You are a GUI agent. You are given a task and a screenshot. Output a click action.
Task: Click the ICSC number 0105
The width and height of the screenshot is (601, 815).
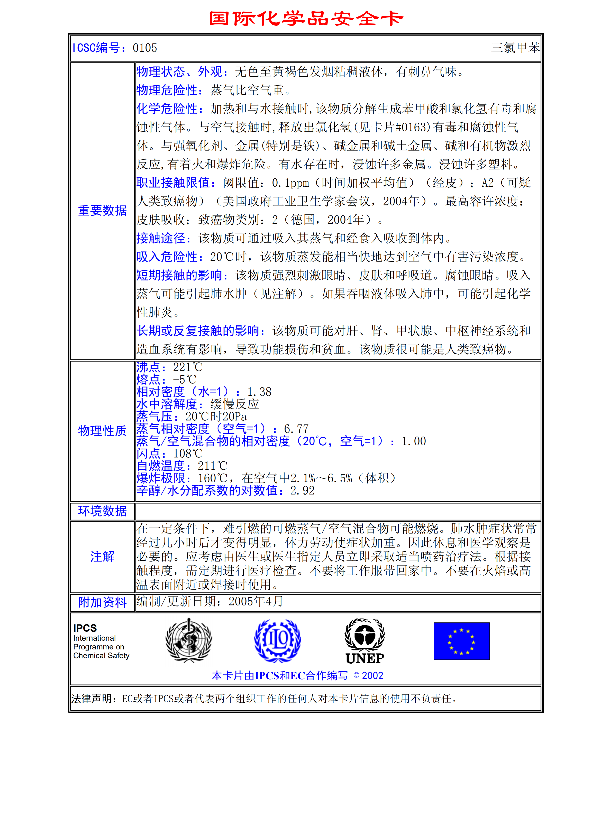(x=145, y=48)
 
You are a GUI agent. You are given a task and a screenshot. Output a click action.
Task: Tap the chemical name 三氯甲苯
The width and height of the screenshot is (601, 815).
(x=515, y=48)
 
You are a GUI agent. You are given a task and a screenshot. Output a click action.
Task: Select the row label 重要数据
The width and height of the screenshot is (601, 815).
(x=102, y=210)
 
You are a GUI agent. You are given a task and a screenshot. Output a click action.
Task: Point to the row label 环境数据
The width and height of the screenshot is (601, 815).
(x=102, y=511)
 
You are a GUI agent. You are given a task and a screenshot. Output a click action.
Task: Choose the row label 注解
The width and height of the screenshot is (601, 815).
(x=102, y=556)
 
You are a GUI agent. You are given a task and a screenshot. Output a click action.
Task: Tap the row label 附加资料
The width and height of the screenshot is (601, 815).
(x=102, y=602)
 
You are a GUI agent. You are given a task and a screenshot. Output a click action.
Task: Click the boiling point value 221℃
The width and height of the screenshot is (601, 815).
(x=188, y=367)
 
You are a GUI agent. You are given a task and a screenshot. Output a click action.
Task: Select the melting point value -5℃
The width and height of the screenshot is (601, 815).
(x=185, y=379)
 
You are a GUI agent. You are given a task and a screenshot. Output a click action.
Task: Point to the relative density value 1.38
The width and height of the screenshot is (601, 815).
(x=259, y=392)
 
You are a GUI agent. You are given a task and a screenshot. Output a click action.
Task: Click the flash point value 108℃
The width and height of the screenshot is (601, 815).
(x=188, y=453)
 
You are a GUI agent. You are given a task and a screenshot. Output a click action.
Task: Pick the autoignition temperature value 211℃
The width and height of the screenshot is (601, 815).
(x=213, y=466)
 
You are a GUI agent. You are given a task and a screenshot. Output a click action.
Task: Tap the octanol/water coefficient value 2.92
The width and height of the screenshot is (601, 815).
(x=302, y=491)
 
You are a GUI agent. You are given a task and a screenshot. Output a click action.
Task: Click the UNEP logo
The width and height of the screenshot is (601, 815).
(x=365, y=641)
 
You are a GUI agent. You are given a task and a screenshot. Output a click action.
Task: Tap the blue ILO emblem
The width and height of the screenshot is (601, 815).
(x=277, y=641)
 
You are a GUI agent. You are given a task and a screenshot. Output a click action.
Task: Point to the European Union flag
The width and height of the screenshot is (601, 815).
(x=461, y=641)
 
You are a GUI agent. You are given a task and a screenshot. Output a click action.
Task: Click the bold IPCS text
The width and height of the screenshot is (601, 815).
(x=85, y=628)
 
